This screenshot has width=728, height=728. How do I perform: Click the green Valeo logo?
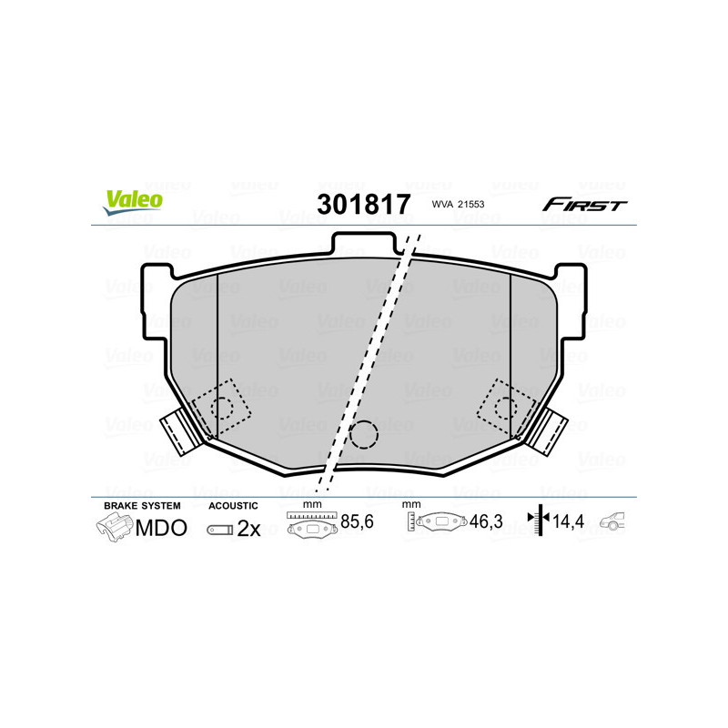pos(133,203)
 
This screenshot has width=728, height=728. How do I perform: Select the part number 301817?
pos(363,203)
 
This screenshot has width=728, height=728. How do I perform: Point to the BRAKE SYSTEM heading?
pos(142,505)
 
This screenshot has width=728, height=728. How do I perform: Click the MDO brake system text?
pos(161,528)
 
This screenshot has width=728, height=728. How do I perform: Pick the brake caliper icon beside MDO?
pos(115,527)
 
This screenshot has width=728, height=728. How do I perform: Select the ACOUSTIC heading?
pos(233,505)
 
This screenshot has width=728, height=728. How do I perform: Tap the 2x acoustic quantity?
pos(248,529)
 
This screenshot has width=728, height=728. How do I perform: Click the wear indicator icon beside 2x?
pos(219,529)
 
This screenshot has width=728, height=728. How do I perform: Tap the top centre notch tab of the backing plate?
pos(364,244)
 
